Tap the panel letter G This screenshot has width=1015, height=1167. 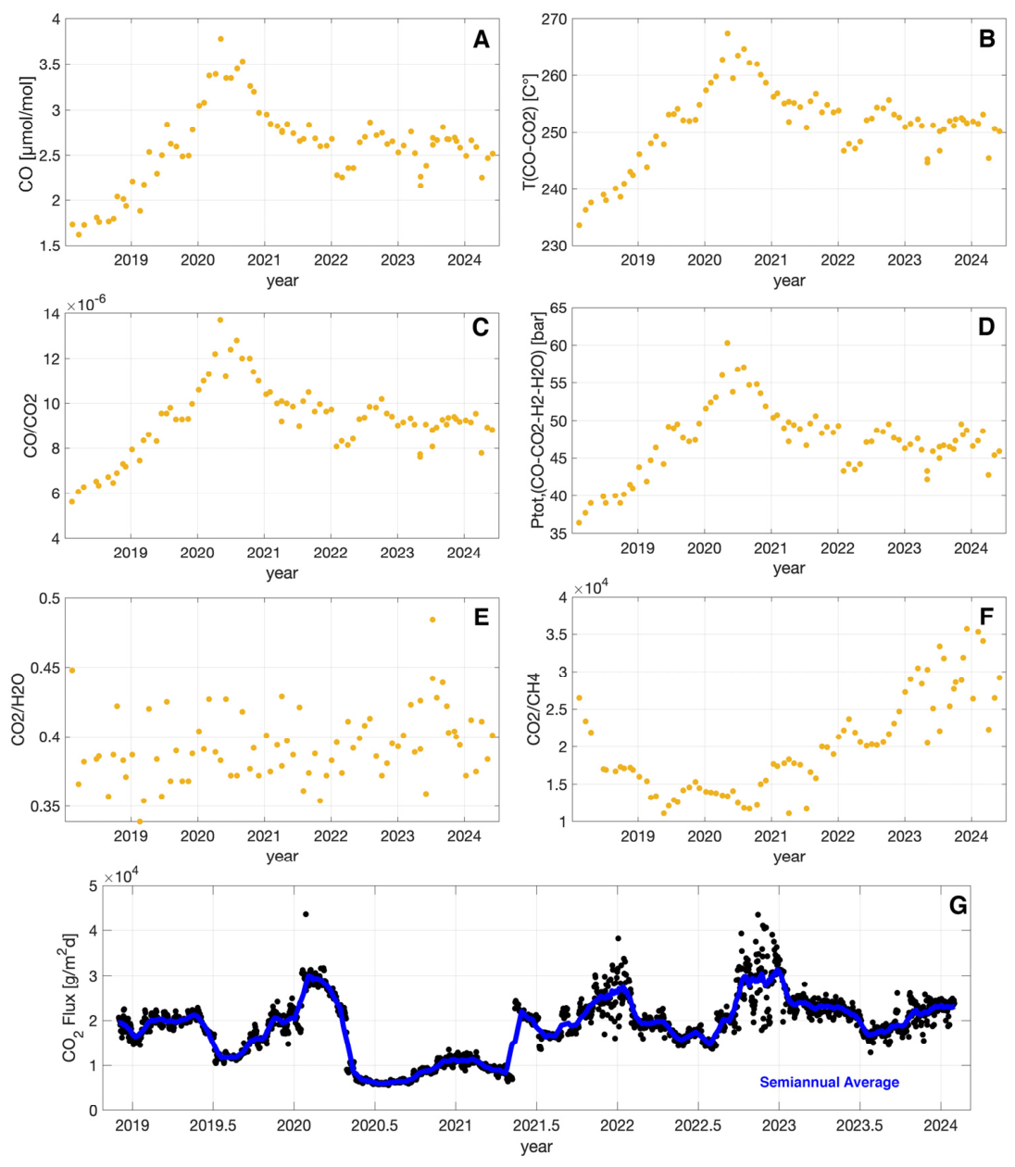(x=958, y=905)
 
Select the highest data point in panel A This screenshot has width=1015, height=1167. (x=220, y=39)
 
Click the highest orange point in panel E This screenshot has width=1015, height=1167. (x=432, y=620)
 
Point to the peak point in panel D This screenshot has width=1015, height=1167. (x=727, y=343)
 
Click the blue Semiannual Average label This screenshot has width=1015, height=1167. (x=829, y=1082)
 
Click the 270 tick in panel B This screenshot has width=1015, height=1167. (x=556, y=19)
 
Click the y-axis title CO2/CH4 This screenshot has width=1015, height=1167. (x=533, y=709)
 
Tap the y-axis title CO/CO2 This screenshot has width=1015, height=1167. (x=31, y=425)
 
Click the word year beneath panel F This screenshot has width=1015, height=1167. (x=789, y=856)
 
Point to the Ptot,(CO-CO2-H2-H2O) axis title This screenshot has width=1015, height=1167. (x=536, y=420)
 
